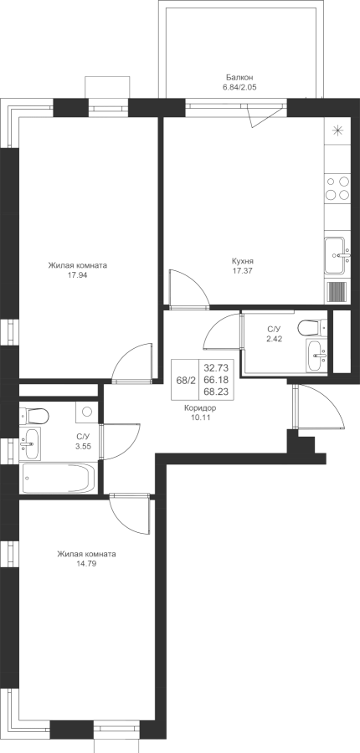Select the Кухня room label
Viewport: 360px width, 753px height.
pyautogui.click(x=242, y=261)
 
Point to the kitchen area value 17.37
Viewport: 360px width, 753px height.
pyautogui.click(x=242, y=270)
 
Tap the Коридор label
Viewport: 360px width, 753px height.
pyautogui.click(x=200, y=408)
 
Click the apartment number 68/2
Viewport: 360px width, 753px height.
pyautogui.click(x=184, y=380)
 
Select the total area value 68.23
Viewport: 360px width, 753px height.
pyautogui.click(x=216, y=392)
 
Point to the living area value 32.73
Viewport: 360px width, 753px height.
pyautogui.click(x=216, y=368)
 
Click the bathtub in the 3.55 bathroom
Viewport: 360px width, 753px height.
pyautogui.click(x=59, y=478)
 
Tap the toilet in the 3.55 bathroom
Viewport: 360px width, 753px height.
pyautogui.click(x=34, y=416)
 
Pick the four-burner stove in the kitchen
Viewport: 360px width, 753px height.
pyautogui.click(x=337, y=188)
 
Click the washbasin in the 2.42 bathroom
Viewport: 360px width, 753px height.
pyautogui.click(x=316, y=356)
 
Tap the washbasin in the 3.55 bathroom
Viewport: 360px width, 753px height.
pyautogui.click(x=30, y=443)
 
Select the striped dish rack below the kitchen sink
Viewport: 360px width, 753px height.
pyautogui.click(x=337, y=291)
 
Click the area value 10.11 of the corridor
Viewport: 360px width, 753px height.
pyautogui.click(x=200, y=417)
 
